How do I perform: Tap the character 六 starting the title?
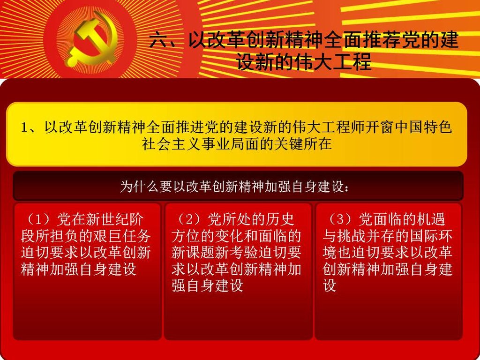click(x=159, y=40)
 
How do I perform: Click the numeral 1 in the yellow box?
click(x=24, y=127)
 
